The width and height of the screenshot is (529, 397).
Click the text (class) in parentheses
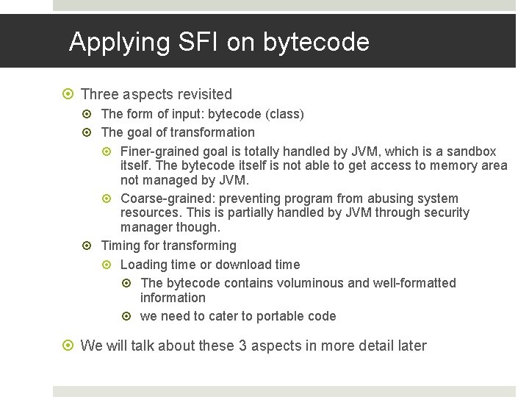point(285,114)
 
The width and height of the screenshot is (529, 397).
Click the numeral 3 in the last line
point(242,346)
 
